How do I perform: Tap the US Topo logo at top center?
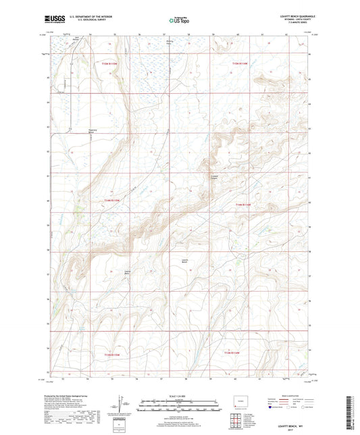tap(178, 21)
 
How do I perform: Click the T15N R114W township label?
tap(241, 63)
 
